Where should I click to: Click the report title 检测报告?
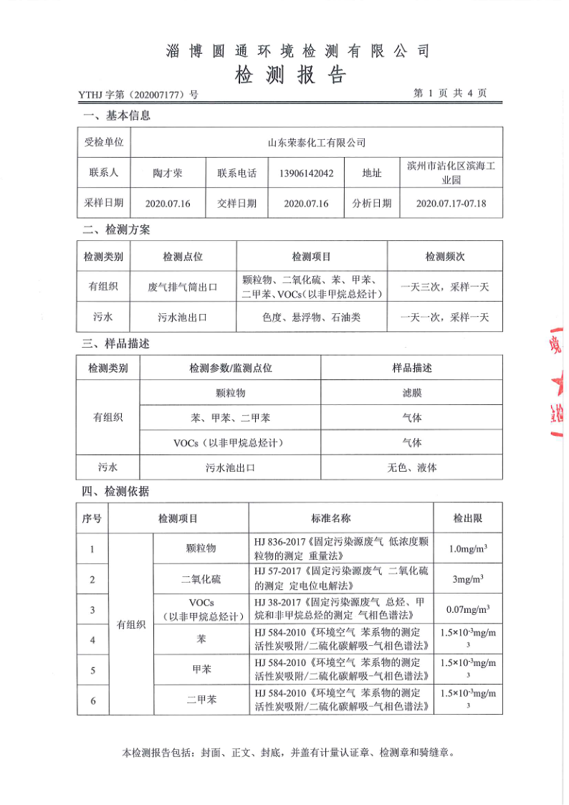[x=290, y=75]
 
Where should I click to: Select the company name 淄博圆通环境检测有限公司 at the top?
[x=297, y=51]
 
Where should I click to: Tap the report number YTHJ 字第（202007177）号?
[x=138, y=94]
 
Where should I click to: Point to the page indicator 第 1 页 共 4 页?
[x=450, y=93]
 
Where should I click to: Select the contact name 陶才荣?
[x=168, y=173]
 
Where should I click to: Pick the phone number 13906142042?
[x=306, y=173]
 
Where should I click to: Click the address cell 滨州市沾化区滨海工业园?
[x=451, y=173]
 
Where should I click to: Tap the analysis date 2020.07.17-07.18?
[x=451, y=204]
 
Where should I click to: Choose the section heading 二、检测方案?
[x=116, y=230]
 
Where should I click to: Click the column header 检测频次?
[x=445, y=257]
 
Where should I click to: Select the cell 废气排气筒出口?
[x=182, y=287]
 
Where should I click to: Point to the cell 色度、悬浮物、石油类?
[x=311, y=317]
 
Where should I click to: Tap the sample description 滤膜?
[x=411, y=394]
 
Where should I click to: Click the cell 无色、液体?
[x=411, y=467]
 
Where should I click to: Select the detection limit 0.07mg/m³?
[x=468, y=610]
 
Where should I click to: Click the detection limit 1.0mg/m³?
[x=468, y=549]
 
